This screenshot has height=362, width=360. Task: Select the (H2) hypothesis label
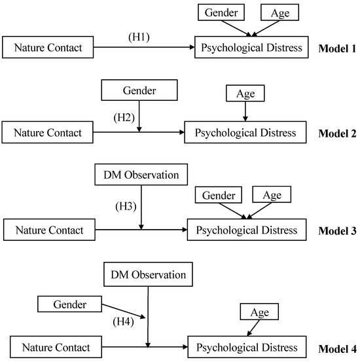[x=124, y=118]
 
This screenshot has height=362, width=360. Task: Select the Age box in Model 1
[x=276, y=12]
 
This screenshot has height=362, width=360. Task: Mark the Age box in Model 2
[x=245, y=94]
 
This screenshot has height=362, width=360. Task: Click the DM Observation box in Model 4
[x=150, y=274]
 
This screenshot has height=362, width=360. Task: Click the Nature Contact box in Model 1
[x=48, y=47]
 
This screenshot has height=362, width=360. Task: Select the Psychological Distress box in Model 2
[x=245, y=133]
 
